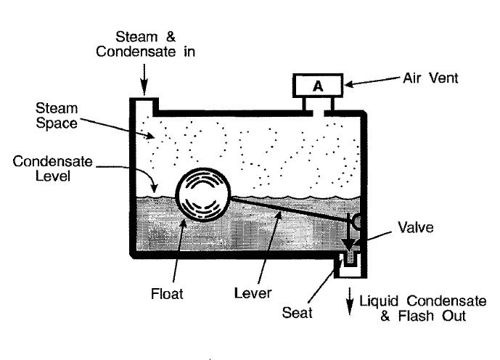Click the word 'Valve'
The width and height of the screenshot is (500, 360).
tap(416, 226)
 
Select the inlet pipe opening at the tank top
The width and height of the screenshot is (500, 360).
tap(144, 105)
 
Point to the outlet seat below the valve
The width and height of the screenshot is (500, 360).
tap(351, 260)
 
